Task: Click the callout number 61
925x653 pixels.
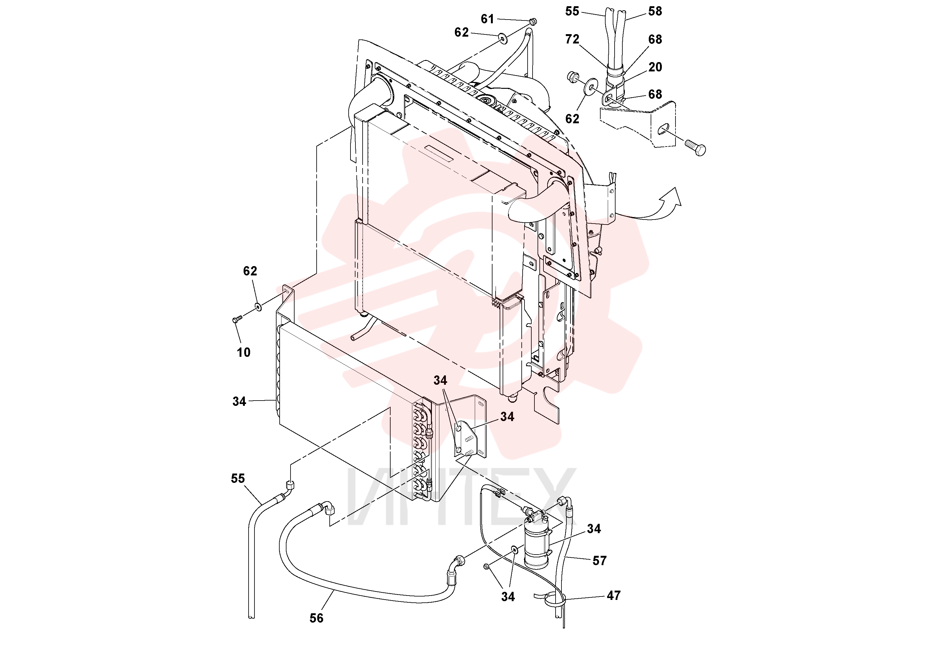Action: [x=487, y=19]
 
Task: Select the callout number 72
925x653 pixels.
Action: [x=572, y=39]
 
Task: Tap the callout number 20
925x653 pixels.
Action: [x=655, y=67]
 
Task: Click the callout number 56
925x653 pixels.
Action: [x=316, y=618]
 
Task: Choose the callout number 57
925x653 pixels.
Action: [x=599, y=560]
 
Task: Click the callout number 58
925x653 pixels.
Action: [x=655, y=11]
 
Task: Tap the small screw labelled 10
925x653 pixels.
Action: [x=236, y=319]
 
